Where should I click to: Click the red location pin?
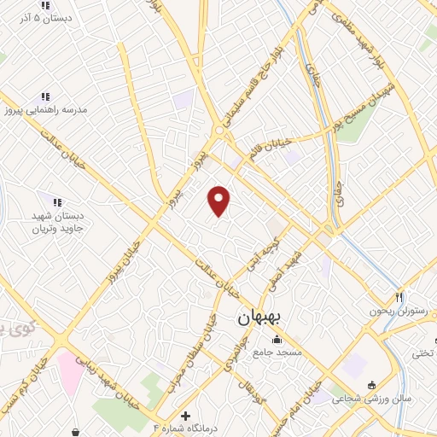[x=220, y=201]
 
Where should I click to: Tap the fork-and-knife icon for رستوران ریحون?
[x=398, y=297]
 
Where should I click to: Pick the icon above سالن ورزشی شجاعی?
[x=372, y=383]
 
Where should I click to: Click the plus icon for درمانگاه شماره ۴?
[x=186, y=416]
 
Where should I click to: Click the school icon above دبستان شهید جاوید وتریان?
[x=57, y=202]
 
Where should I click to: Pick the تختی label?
[x=423, y=352]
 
